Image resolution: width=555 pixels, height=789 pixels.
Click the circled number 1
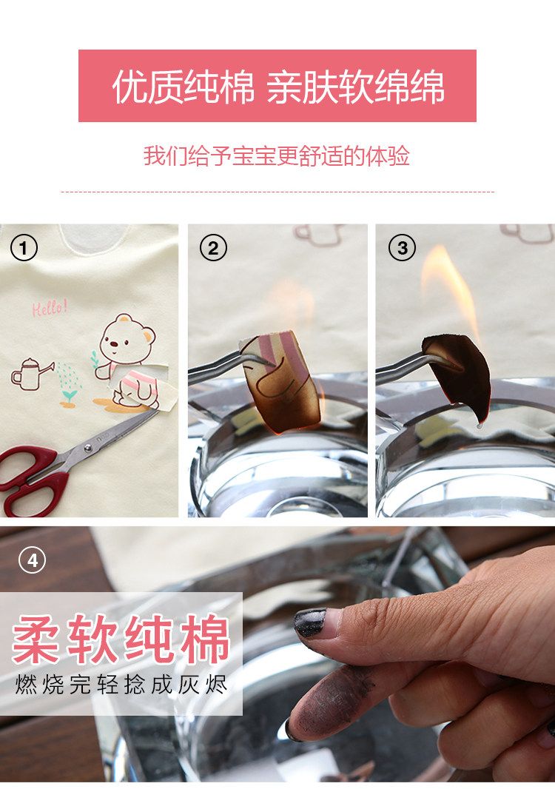[x=24, y=247]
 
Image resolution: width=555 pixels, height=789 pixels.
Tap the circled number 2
[x=213, y=247]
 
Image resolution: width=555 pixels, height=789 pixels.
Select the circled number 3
[x=402, y=247]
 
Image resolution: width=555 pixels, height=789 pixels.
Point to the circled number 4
[x=33, y=560]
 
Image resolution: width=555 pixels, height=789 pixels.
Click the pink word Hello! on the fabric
[x=50, y=307]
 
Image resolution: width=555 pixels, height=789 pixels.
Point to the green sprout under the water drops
[x=70, y=397]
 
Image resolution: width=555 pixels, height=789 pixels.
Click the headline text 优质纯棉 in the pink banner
[x=183, y=87]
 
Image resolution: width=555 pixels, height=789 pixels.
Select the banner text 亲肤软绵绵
[x=356, y=87]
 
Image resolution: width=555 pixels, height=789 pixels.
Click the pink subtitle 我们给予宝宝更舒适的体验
[x=277, y=156]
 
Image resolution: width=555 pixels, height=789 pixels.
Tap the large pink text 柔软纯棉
[x=121, y=639]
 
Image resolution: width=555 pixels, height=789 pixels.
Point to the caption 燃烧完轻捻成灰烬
[x=121, y=685]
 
